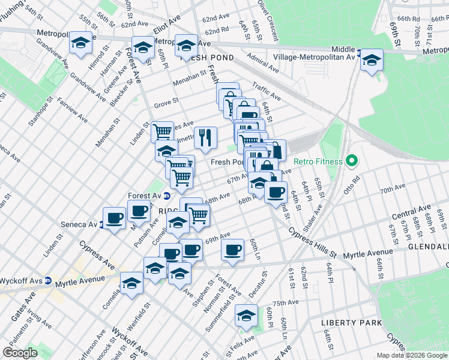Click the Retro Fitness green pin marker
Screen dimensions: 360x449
pyautogui.click(x=352, y=161)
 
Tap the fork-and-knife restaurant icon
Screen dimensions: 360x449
pyautogui.click(x=205, y=137)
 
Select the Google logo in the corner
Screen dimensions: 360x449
pyautogui.click(x=20, y=353)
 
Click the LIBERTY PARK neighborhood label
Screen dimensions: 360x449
pyautogui.click(x=352, y=323)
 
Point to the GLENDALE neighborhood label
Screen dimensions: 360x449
pyautogui.click(x=428, y=247)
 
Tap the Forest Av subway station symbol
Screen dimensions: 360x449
pyautogui.click(x=167, y=196)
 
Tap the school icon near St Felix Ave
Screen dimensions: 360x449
pyautogui.click(x=246, y=315)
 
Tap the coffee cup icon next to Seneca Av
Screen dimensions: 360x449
pyautogui.click(x=114, y=217)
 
